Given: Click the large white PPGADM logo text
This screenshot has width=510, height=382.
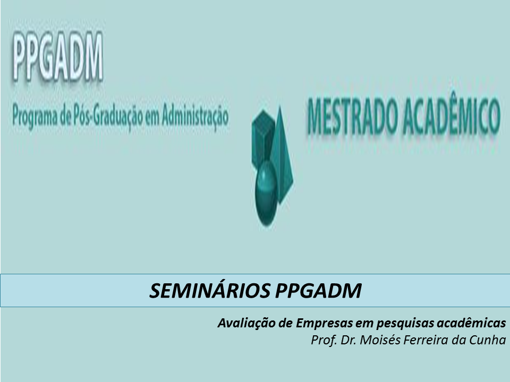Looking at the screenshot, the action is pos(58,56).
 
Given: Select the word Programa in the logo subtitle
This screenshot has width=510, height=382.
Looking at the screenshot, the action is pos(35,117).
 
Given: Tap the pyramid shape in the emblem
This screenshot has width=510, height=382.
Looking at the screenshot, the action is pos(282,154).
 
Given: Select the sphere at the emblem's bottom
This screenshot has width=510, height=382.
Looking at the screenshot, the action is pos(266,193).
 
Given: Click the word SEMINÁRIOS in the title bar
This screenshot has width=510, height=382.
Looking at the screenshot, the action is pos(210,290).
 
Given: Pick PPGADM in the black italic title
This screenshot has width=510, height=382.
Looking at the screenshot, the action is pos(318,290).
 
